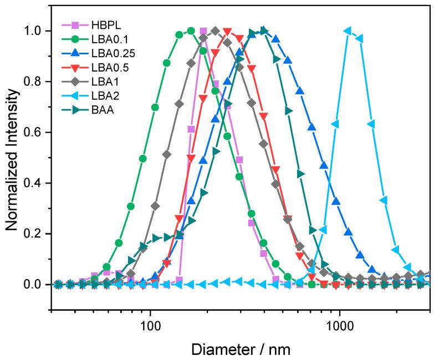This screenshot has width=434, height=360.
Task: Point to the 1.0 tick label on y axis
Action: pyautogui.click(x=37, y=31)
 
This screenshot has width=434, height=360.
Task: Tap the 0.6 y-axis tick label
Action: pyautogui.click(x=37, y=133)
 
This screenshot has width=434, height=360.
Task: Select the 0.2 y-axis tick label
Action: pyautogui.click(x=37, y=234)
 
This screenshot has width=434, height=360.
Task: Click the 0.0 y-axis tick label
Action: pyautogui.click(x=37, y=285)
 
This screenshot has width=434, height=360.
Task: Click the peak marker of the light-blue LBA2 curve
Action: pyautogui.click(x=348, y=31)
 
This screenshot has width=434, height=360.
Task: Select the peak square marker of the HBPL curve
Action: pyautogui.click(x=203, y=31)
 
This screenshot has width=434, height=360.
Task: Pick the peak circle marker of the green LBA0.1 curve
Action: pyautogui.click(x=191, y=31)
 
